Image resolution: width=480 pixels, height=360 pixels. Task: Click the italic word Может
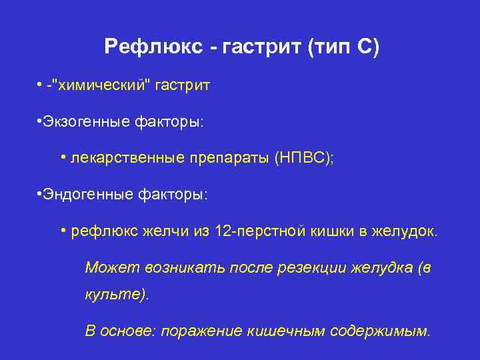(105, 267)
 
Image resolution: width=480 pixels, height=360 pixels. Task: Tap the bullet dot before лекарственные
(63, 158)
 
